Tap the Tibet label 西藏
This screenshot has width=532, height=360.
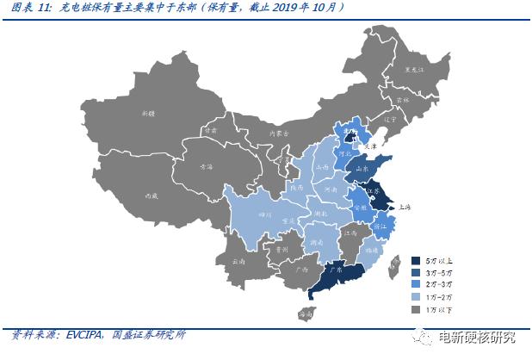152,196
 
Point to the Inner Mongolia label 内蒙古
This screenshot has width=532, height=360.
280,133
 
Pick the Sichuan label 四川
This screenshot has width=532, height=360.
265,213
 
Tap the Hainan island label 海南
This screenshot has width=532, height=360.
306,315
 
